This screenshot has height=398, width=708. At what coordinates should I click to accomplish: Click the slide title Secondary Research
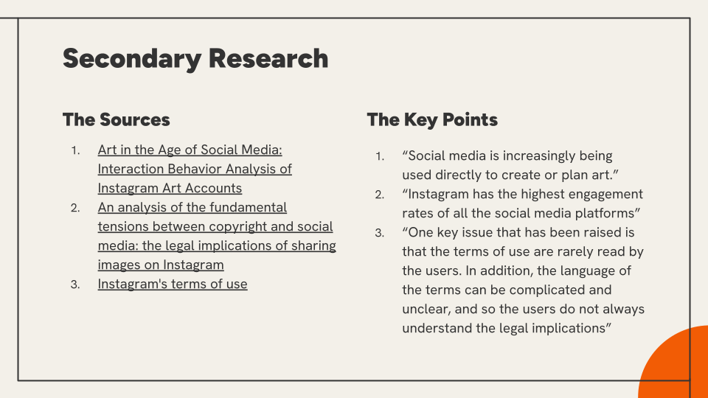(195, 59)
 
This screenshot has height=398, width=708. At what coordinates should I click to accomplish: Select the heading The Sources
(117, 119)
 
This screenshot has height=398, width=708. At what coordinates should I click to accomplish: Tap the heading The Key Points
(432, 119)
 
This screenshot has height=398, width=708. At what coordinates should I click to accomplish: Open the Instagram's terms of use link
(173, 284)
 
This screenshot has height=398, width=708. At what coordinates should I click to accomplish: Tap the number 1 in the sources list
(75, 150)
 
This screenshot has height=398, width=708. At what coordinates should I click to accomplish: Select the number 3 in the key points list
(379, 233)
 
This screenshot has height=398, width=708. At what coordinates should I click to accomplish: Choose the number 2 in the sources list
(75, 208)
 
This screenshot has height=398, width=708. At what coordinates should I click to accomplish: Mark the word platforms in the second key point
(609, 214)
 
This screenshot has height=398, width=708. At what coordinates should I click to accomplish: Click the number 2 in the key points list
(379, 195)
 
